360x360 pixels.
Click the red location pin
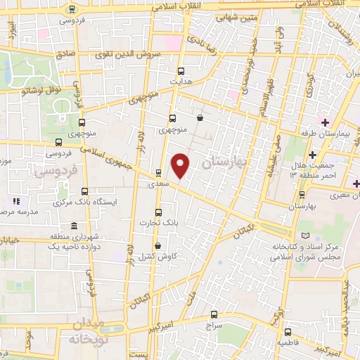[181, 165]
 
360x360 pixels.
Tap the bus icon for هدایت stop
[181, 70]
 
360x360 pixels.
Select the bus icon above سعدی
[158, 172]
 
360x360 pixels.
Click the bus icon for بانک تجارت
[157, 211]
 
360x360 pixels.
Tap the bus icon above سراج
[214, 314]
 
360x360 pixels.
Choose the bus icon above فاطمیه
[286, 333]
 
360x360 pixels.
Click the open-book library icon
[304, 236]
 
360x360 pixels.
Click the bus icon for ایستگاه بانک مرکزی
[85, 191]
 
